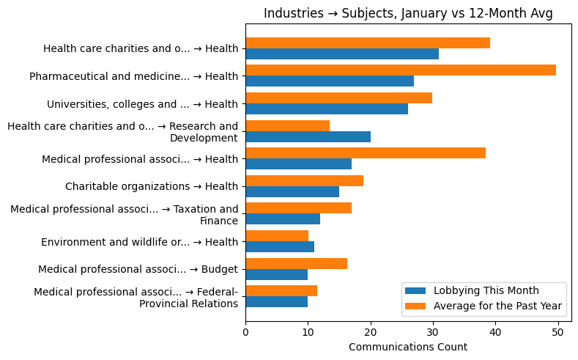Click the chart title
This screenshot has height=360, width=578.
[x=408, y=13]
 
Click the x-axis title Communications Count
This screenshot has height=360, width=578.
[x=408, y=347]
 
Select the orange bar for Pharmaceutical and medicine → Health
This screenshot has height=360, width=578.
[x=401, y=70]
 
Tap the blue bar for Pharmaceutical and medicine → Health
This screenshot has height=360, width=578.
[x=330, y=81]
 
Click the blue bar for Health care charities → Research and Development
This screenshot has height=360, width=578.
[x=308, y=136]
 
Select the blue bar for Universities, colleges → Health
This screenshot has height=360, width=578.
[x=327, y=109]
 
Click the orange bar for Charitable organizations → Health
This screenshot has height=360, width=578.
[x=304, y=180]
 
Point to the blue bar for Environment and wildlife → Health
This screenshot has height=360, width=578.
[x=280, y=246]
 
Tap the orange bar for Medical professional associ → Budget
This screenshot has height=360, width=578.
[x=296, y=263]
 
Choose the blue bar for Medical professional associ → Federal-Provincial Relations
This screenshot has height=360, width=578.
[x=276, y=301]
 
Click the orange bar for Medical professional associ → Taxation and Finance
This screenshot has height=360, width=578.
[x=298, y=207]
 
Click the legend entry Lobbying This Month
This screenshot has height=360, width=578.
[x=486, y=290]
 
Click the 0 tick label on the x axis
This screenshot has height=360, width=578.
[x=245, y=333]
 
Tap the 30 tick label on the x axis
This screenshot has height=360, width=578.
[x=433, y=333]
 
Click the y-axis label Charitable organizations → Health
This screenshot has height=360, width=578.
[x=152, y=186]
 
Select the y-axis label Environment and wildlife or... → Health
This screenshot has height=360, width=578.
[x=139, y=242]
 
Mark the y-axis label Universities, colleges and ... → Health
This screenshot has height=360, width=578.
[x=142, y=104]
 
